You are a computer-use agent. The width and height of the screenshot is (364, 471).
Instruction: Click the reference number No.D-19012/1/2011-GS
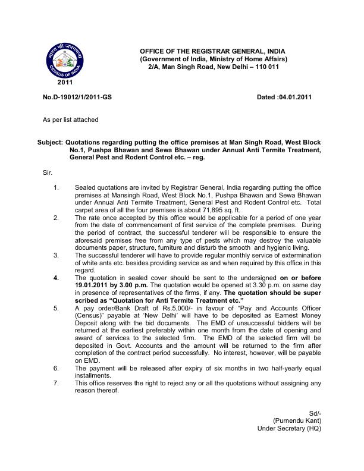tap(77, 97)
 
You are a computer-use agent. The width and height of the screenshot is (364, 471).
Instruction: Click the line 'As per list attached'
tap(70, 120)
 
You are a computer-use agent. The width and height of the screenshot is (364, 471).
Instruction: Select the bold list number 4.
tap(56, 278)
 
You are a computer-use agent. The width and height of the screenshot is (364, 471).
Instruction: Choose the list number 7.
tap(56, 384)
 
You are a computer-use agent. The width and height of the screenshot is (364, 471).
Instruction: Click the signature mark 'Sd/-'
tap(315, 413)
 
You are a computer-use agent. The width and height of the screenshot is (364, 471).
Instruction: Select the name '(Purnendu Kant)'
tap(297, 420)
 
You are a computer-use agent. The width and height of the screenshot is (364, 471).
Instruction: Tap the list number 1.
tap(56, 187)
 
